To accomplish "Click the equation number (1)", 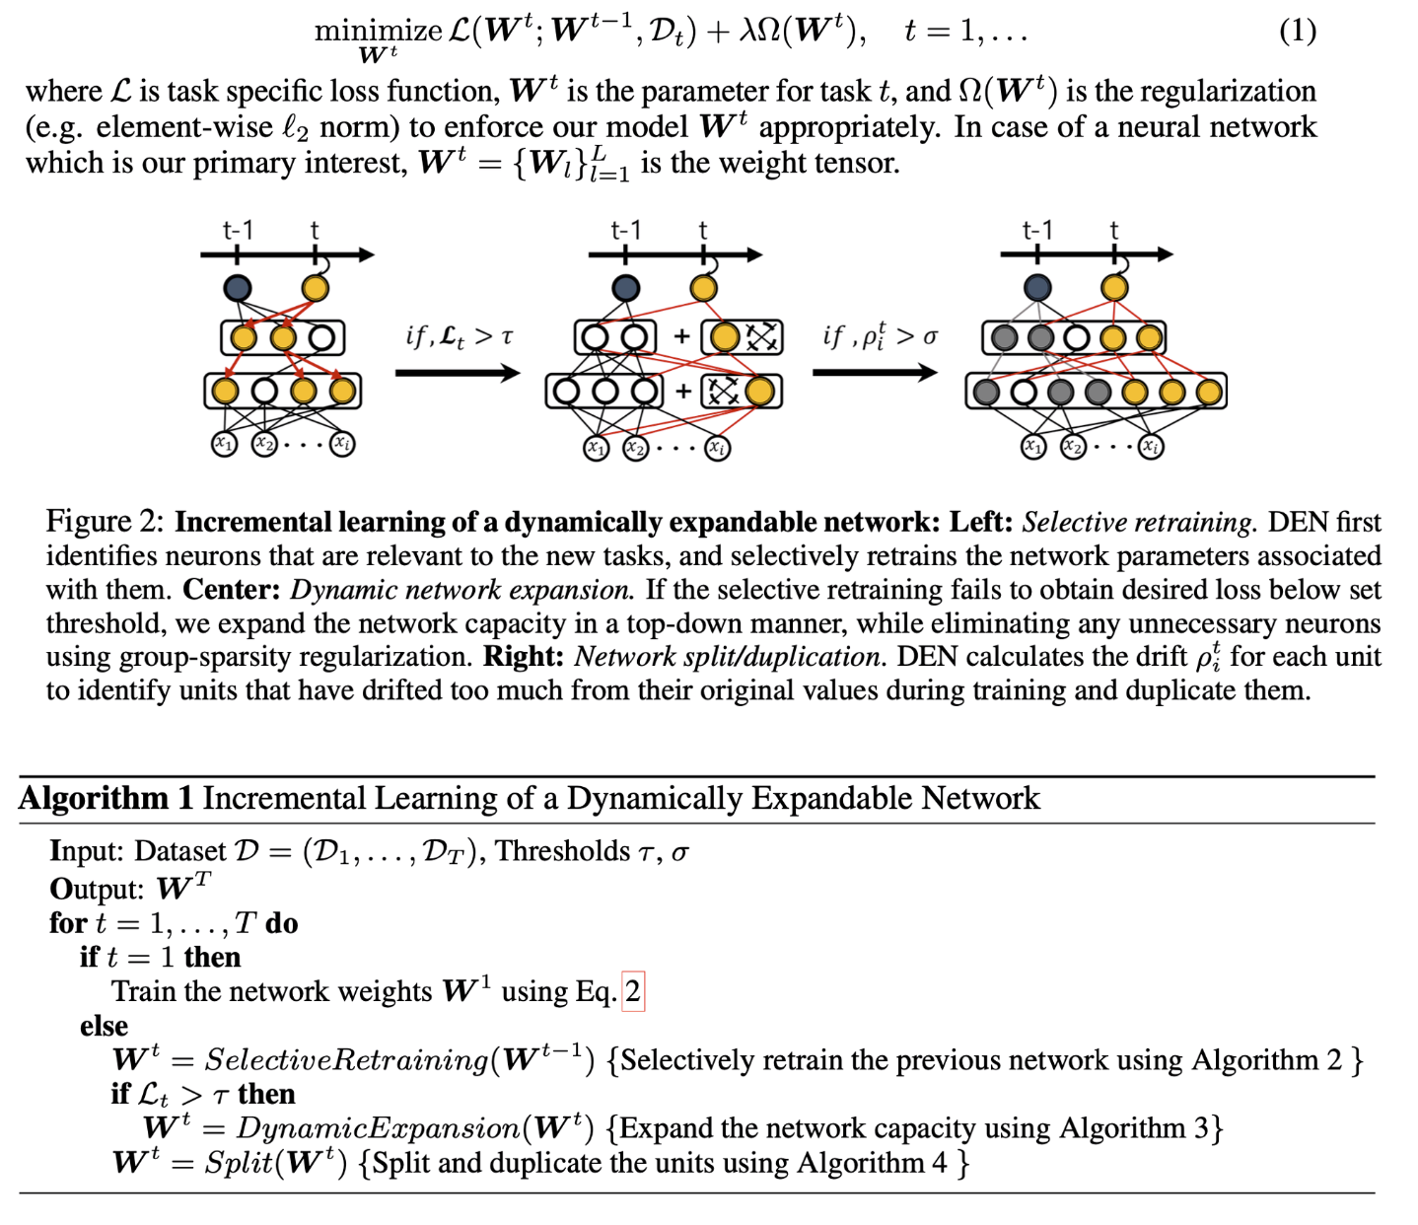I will click(x=1297, y=32).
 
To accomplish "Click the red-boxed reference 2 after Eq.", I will click(x=632, y=991).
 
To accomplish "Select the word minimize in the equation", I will click(x=378, y=31).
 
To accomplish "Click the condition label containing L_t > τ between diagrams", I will click(x=460, y=336).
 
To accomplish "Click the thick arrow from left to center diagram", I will click(x=457, y=373).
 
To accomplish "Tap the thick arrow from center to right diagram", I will click(x=875, y=373).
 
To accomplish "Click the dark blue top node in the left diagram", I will click(x=238, y=288).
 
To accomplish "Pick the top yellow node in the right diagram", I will click(x=1114, y=288).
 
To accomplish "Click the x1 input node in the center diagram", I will click(x=597, y=449).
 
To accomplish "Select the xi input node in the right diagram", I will click(x=1151, y=447).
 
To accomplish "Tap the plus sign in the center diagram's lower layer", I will click(x=683, y=392).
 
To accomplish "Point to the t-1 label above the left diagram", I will click(x=238, y=231).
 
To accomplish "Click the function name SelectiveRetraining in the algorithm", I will click(x=346, y=1060).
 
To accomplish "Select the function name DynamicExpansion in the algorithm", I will click(x=378, y=1128).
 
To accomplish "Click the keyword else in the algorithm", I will click(x=104, y=1026).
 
